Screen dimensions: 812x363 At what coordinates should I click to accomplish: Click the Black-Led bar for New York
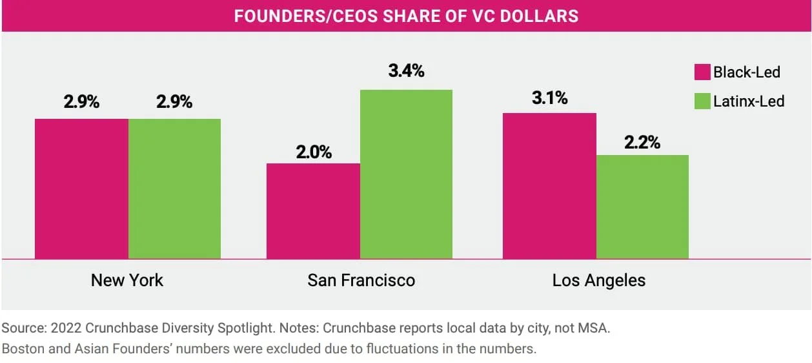(x=81, y=189)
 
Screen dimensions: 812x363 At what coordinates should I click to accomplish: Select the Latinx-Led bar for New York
(x=174, y=189)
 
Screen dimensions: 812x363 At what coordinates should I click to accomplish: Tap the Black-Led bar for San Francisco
(x=314, y=211)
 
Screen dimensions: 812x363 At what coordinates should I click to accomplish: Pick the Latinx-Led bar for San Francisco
(x=407, y=174)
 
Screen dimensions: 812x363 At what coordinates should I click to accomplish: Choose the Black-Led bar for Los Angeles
(x=549, y=185)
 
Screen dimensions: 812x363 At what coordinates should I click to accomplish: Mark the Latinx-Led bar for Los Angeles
(x=642, y=207)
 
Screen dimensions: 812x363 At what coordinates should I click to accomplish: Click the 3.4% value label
(x=407, y=70)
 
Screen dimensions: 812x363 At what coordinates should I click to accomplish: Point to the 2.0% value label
(x=314, y=152)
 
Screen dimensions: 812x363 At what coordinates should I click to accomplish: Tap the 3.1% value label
(x=549, y=98)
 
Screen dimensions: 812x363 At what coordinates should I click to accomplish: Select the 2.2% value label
(x=642, y=142)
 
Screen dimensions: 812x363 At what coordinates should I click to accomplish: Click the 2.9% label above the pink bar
(x=81, y=101)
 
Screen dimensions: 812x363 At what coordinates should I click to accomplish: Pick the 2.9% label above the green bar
(x=174, y=101)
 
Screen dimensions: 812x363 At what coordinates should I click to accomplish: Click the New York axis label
(x=127, y=280)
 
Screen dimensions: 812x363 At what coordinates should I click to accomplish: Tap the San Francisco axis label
(x=361, y=280)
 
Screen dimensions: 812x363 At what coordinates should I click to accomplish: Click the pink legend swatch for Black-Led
(x=702, y=72)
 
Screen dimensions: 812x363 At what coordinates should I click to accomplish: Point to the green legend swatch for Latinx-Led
(x=702, y=101)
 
